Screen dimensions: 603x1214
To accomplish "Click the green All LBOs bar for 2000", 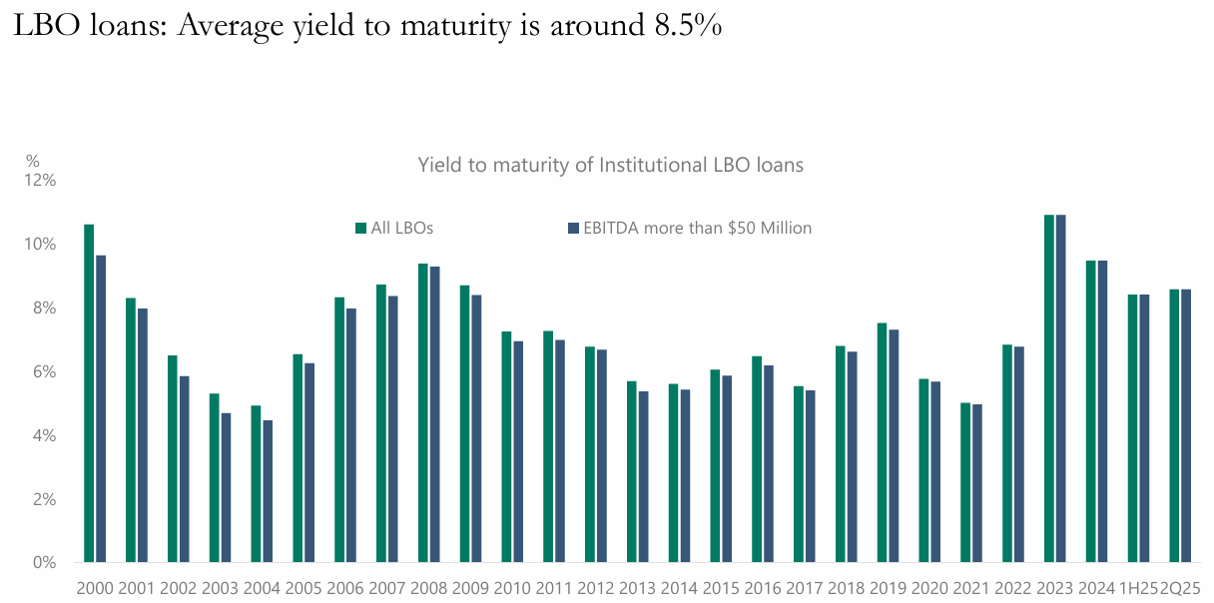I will point(89,393).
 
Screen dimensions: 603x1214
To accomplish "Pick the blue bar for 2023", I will point(1060,388).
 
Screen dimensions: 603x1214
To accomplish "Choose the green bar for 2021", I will point(965,482).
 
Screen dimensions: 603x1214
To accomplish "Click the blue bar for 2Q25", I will point(1186,425).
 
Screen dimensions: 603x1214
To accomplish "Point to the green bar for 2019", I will point(883,442).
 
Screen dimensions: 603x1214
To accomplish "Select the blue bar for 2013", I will point(643,476).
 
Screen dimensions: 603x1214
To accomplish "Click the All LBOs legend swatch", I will point(361,228).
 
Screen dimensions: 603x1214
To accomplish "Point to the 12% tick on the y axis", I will point(42,181).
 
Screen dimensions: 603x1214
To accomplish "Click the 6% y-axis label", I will point(45,371).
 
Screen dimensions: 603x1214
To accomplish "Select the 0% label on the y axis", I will point(45,563).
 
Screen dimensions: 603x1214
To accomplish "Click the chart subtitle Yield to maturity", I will point(610,165).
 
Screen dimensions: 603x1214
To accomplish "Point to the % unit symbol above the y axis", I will point(33,160).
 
